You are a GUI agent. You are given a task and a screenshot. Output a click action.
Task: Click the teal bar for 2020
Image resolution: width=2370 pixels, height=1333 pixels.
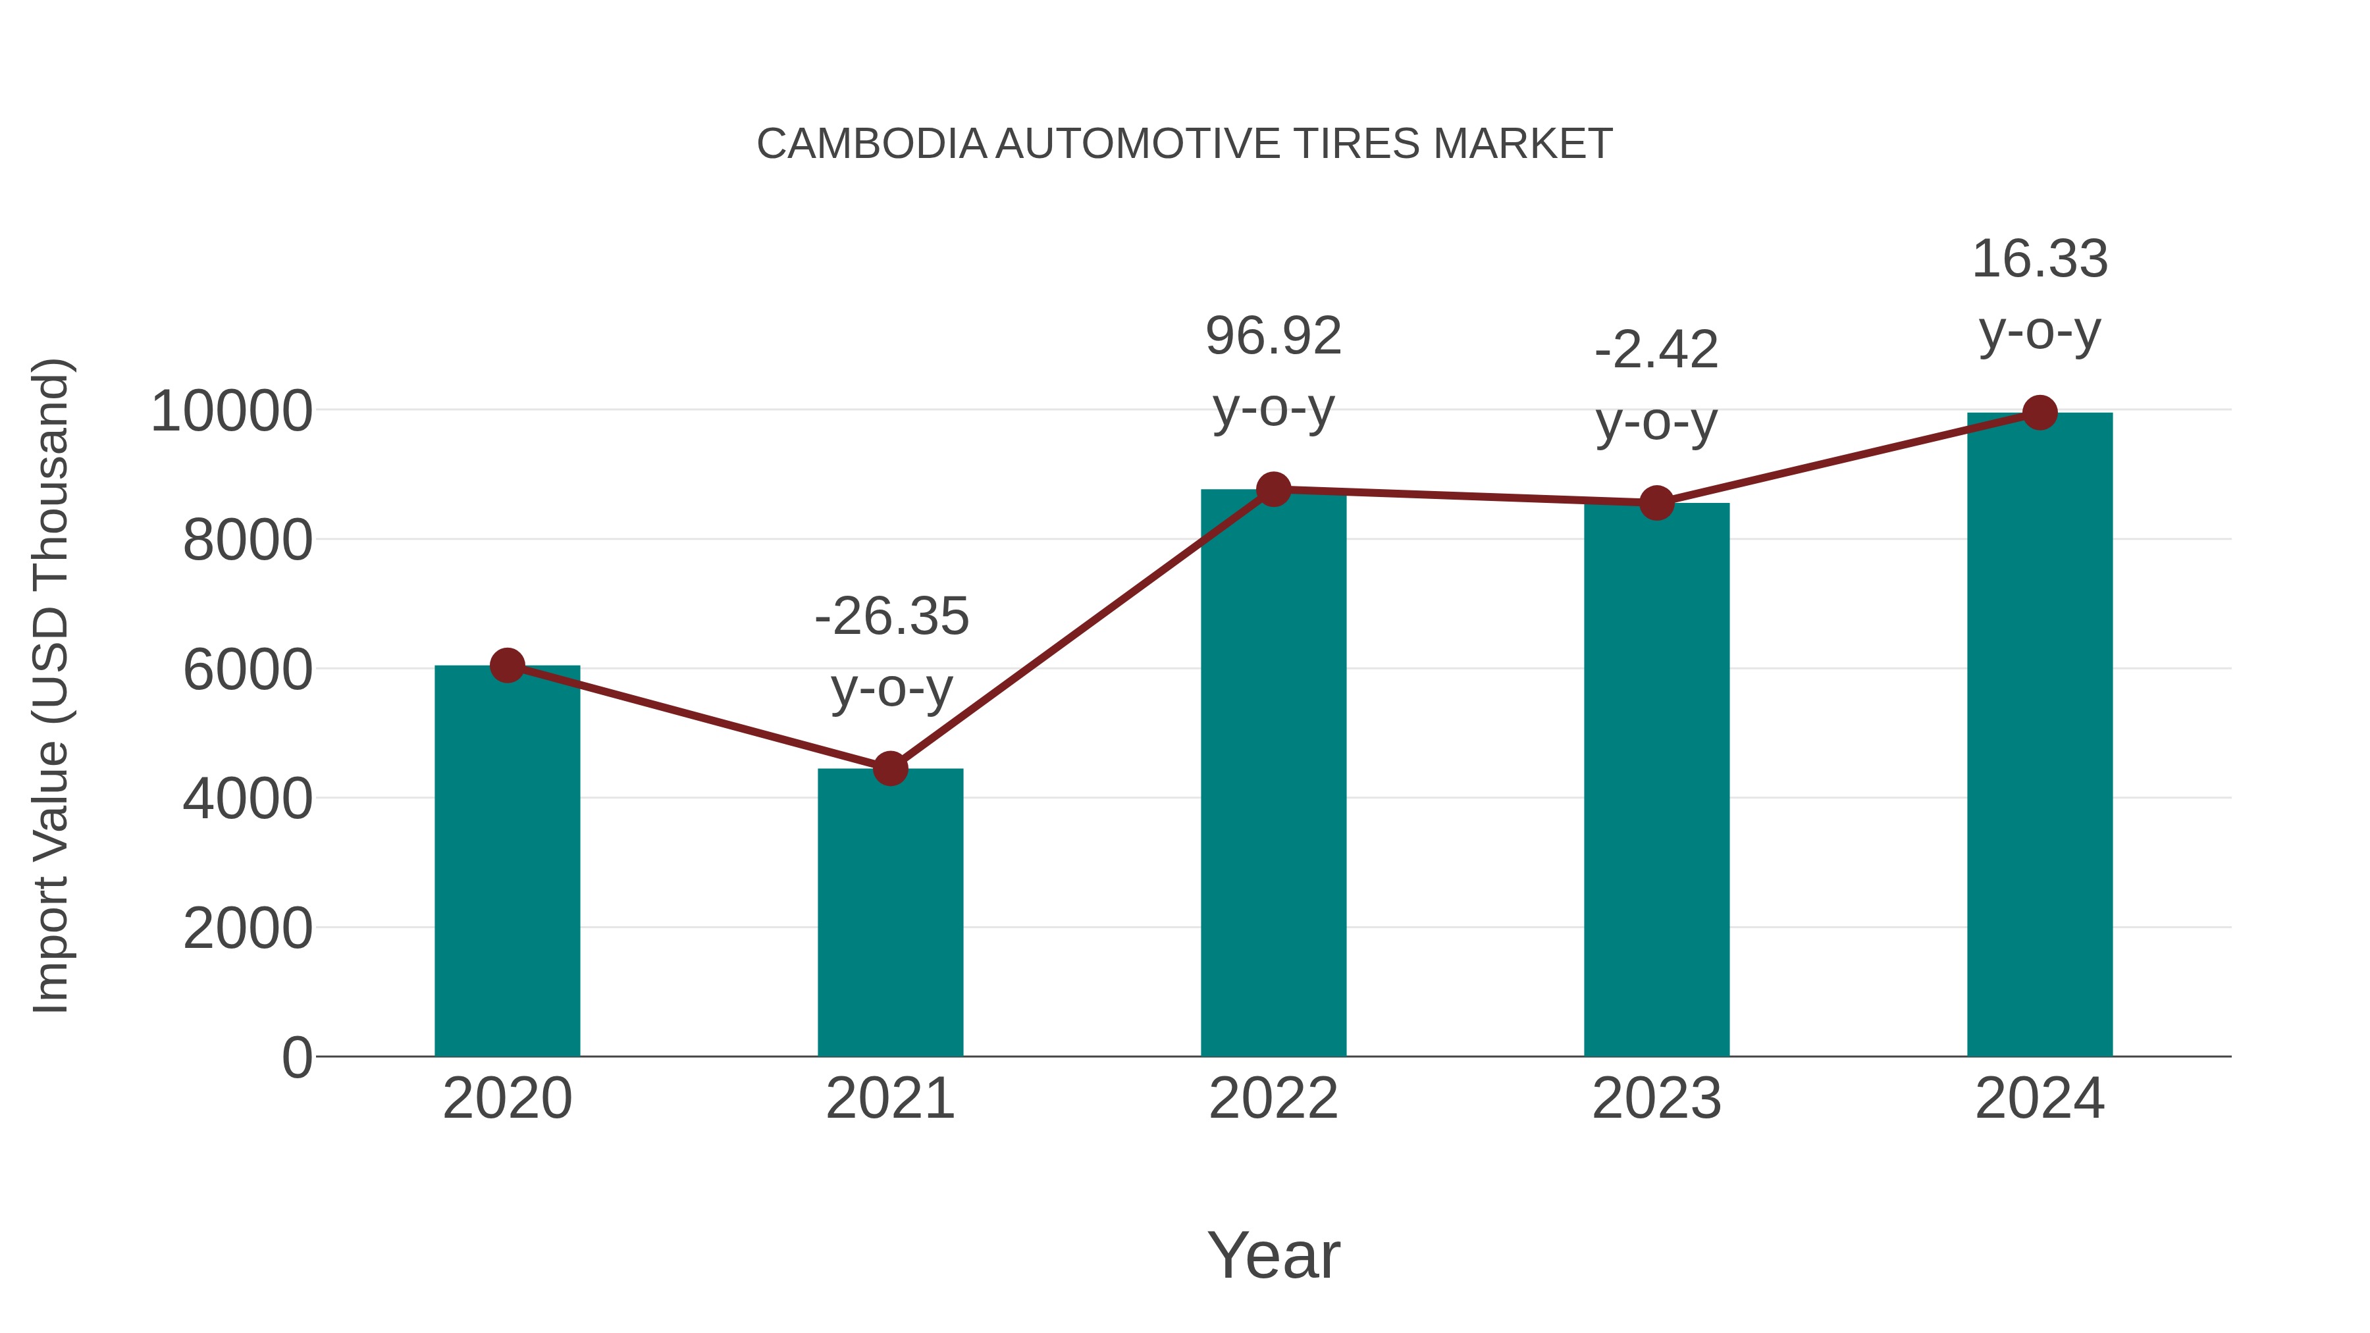tap(507, 865)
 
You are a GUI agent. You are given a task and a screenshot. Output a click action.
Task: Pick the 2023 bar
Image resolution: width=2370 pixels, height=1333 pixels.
tap(1656, 782)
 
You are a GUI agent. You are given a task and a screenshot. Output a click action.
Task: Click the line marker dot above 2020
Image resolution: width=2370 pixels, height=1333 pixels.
tap(507, 665)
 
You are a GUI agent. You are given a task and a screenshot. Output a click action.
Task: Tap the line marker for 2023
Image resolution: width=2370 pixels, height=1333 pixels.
tap(1656, 503)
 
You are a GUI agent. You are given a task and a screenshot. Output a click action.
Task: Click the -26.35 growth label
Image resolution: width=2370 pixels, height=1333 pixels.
tap(891, 616)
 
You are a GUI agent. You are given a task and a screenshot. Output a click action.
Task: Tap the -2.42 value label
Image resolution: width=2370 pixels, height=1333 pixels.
tap(1656, 350)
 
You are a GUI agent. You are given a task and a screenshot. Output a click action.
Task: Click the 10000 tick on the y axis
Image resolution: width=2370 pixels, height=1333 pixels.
tap(232, 411)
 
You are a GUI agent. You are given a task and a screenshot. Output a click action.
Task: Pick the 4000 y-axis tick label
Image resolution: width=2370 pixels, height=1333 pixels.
tap(248, 799)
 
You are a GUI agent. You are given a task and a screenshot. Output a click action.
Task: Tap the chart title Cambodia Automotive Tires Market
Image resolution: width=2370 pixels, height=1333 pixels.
tap(1184, 144)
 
